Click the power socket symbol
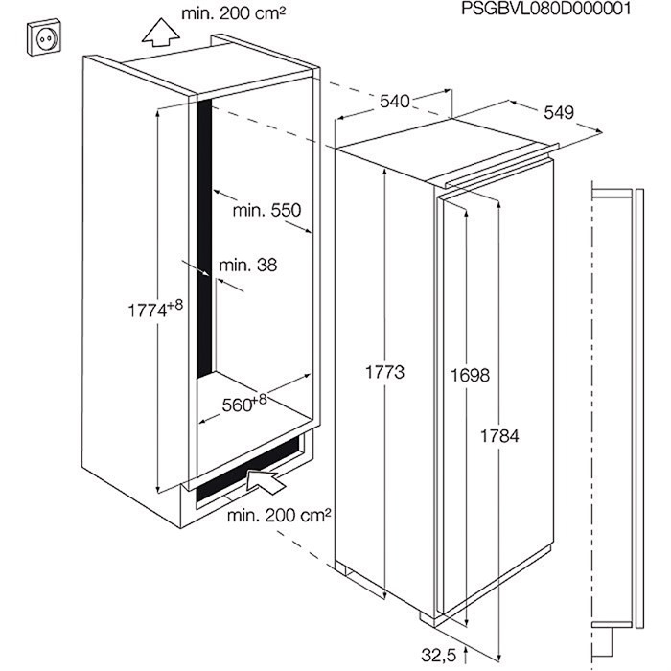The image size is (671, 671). (x=44, y=37)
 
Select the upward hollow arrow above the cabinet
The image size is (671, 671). (x=160, y=32)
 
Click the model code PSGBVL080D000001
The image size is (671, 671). (x=545, y=8)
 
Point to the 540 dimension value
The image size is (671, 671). (x=395, y=102)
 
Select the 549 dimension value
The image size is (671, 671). (x=559, y=112)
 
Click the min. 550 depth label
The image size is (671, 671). (x=267, y=210)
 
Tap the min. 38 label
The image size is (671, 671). (x=247, y=266)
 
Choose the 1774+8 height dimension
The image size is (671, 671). (x=155, y=309)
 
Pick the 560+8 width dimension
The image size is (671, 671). (x=243, y=404)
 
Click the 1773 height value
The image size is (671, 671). (x=384, y=372)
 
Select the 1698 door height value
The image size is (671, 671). (x=470, y=376)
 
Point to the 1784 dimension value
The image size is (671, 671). (x=499, y=436)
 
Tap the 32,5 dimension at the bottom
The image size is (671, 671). (x=439, y=655)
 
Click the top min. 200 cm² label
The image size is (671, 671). (x=233, y=13)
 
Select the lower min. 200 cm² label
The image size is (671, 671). (x=279, y=516)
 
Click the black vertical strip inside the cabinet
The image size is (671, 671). (x=204, y=239)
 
